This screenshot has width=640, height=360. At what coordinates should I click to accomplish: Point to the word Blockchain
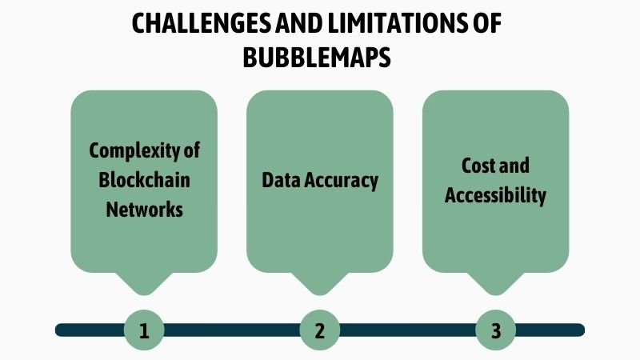(x=144, y=180)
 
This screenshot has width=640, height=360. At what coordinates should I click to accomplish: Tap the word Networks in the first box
(x=144, y=210)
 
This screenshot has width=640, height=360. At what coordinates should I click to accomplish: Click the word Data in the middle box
(x=281, y=180)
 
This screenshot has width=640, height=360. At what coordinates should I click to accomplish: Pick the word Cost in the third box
(x=478, y=166)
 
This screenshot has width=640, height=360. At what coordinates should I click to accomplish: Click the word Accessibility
(x=495, y=195)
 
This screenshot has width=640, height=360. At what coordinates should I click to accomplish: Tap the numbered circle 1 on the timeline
(x=144, y=330)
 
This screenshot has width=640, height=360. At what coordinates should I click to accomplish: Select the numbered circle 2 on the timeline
(x=319, y=330)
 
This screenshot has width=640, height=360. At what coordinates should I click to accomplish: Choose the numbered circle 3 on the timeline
(x=495, y=330)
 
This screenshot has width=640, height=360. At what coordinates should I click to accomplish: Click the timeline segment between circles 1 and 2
(x=232, y=330)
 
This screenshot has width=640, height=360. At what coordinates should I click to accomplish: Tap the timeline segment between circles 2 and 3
(x=407, y=330)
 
